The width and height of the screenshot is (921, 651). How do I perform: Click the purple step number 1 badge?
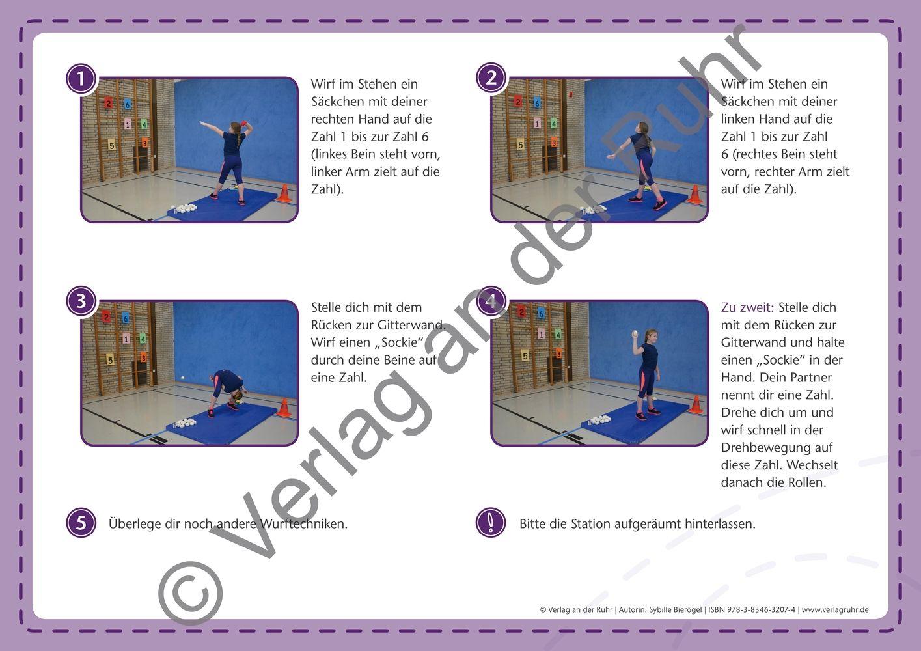tap(81, 79)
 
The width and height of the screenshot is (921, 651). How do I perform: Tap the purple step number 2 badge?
tap(491, 77)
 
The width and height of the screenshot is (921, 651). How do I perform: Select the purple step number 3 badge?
tap(81, 301)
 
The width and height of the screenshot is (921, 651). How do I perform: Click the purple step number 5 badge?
tap(81, 523)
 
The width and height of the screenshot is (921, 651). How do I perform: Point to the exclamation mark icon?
tap(491, 523)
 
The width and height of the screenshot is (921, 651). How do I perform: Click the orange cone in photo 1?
tap(284, 193)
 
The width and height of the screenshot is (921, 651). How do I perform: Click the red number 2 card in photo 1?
tap(108, 102)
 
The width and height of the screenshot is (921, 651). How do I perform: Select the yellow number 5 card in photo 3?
tap(110, 360)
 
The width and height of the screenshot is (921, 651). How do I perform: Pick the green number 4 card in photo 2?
tap(554, 123)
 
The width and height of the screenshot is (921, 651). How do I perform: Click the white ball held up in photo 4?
tap(635, 333)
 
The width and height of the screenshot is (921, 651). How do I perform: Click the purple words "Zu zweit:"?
tap(747, 307)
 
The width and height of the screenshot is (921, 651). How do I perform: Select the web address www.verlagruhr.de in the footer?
tap(835, 610)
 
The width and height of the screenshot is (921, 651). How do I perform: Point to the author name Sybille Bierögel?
tap(675, 609)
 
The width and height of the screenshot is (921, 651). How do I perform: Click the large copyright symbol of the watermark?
tap(191, 594)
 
